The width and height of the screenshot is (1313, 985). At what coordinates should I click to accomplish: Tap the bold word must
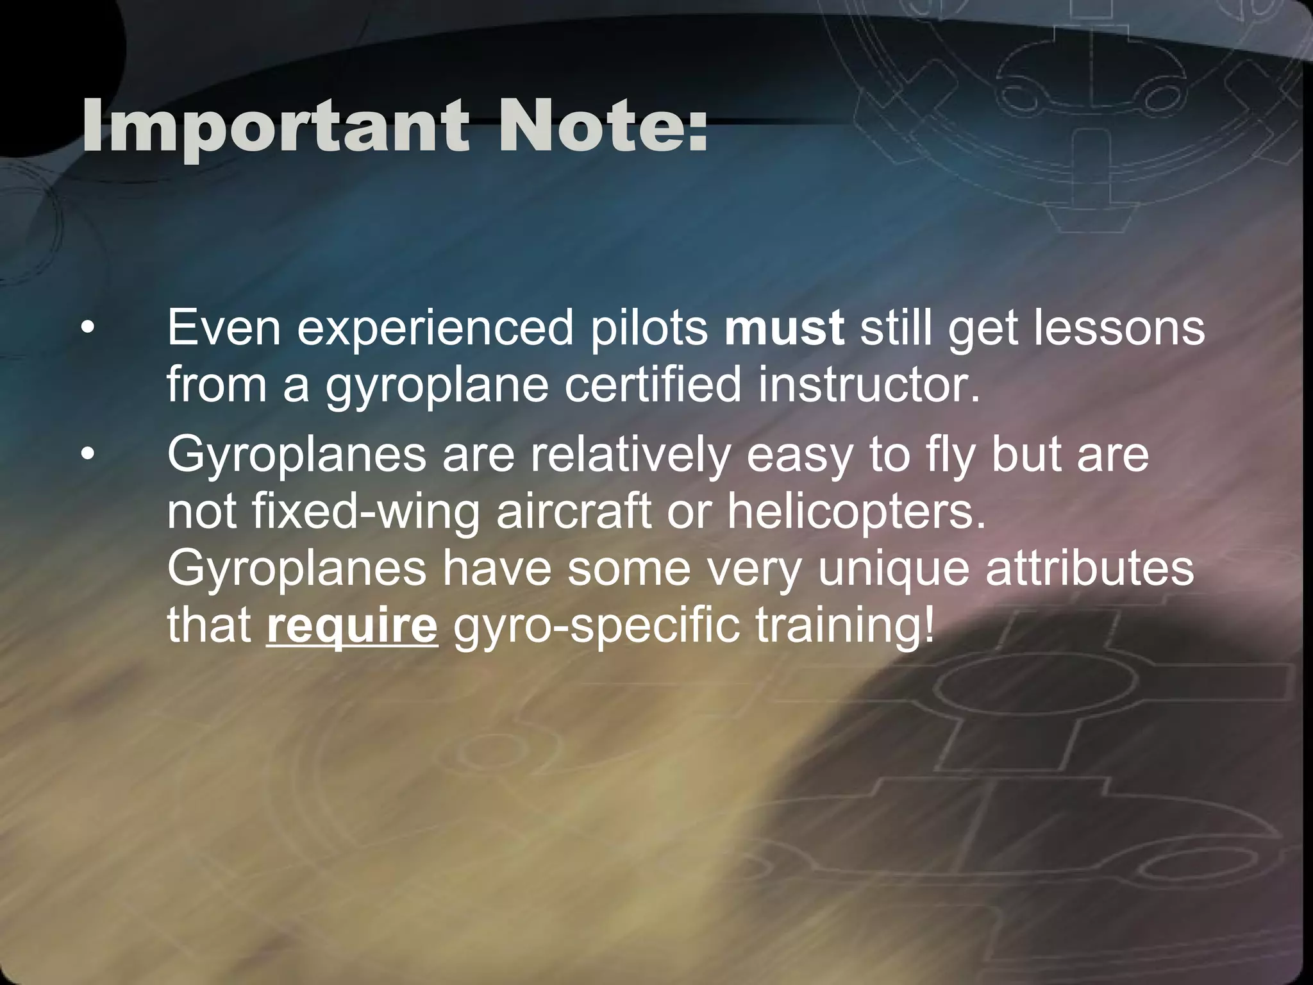tap(783, 328)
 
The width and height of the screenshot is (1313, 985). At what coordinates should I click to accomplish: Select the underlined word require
tap(352, 625)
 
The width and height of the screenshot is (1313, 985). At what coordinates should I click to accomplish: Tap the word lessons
tap(1119, 328)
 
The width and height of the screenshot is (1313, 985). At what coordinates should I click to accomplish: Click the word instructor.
tap(869, 385)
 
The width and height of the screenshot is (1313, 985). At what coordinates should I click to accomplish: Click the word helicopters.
tap(856, 511)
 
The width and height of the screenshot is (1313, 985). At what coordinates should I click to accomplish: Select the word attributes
tap(1090, 568)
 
